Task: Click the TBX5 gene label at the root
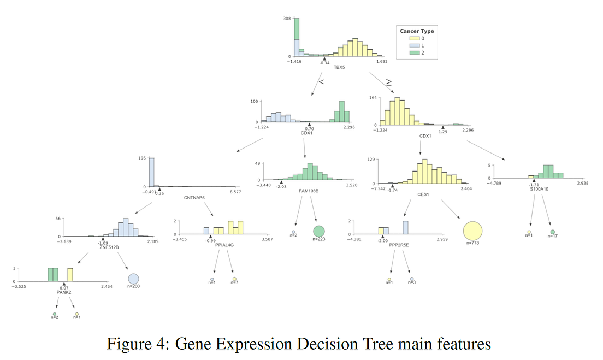pyautogui.click(x=339, y=68)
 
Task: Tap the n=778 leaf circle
pyautogui.click(x=472, y=231)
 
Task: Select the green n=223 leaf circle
pyautogui.click(x=319, y=231)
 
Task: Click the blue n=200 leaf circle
pyautogui.click(x=133, y=279)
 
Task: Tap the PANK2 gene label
pyautogui.click(x=64, y=292)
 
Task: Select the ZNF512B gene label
pyautogui.click(x=109, y=247)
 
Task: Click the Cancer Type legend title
pyautogui.click(x=417, y=31)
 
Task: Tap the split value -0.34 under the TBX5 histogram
pyautogui.click(x=325, y=63)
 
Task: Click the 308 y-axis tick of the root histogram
pyautogui.click(x=287, y=19)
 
